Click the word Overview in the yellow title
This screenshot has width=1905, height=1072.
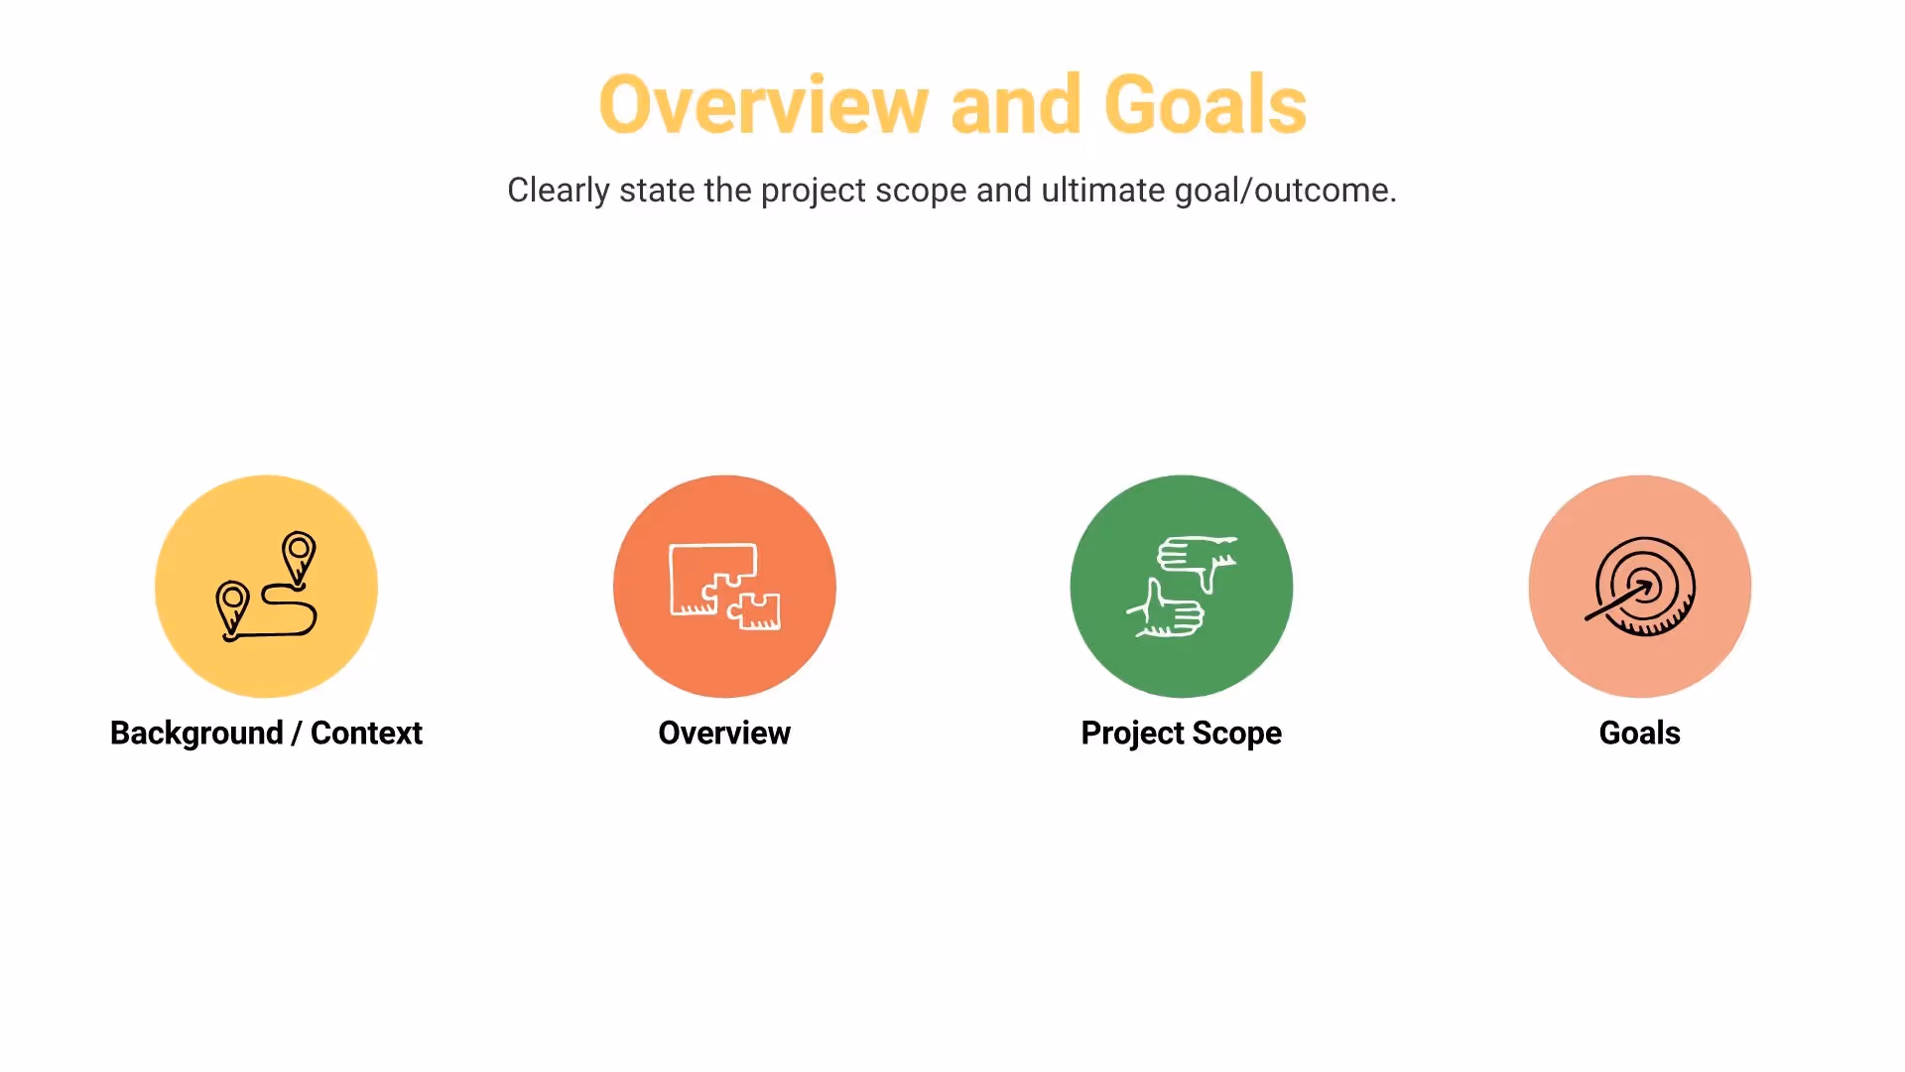point(764,105)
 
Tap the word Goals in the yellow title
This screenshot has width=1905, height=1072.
point(1205,105)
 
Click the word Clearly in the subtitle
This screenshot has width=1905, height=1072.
point(558,190)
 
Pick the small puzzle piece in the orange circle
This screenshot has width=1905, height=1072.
point(757,610)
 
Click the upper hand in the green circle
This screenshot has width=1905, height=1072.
point(1198,558)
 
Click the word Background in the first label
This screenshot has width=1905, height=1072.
point(196,733)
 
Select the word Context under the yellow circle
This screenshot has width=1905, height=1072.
point(366,733)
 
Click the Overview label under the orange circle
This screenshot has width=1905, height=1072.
point(724,733)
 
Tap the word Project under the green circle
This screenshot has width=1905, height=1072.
point(1132,733)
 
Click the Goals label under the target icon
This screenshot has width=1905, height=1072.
point(1639,733)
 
